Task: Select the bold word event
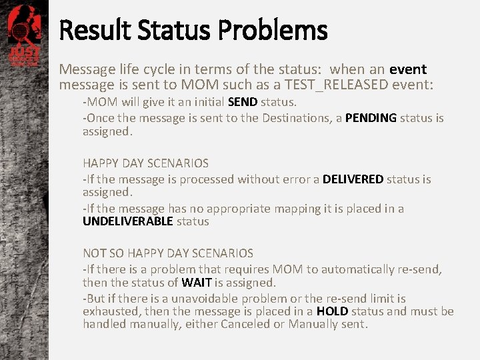click(408, 69)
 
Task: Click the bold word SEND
click(243, 102)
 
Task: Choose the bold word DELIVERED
click(353, 179)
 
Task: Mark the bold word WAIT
click(197, 283)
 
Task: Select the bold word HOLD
click(332, 311)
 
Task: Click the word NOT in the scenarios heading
click(94, 253)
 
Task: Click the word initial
click(205, 102)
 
